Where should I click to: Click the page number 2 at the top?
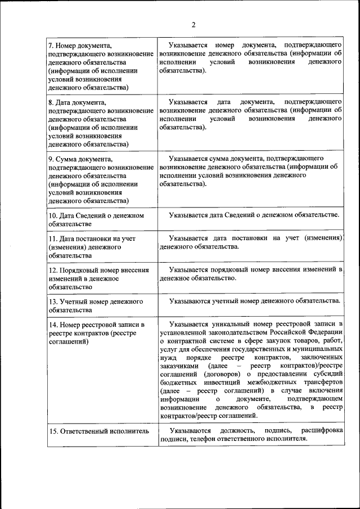coord(193,25)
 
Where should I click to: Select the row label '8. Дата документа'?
coord(76,103)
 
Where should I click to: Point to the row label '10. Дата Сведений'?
coord(96,215)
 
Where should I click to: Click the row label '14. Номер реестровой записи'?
coord(96,325)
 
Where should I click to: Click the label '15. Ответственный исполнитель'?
coord(98,431)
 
